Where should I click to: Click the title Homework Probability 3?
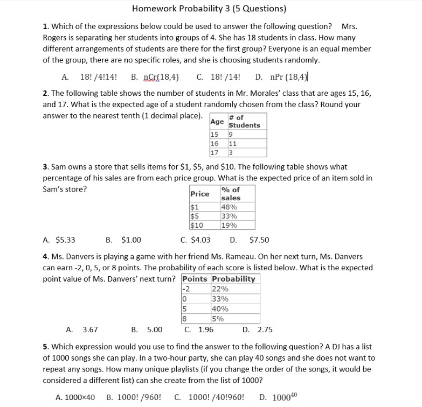click(209, 9)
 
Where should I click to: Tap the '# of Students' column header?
click(244, 122)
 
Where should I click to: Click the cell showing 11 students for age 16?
click(233, 144)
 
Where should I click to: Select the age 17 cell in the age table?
click(215, 153)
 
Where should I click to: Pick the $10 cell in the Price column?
click(197, 226)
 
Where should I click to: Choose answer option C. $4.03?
click(196, 240)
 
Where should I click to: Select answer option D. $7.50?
click(250, 240)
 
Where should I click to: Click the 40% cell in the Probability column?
click(220, 309)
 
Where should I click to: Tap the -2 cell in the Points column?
click(188, 289)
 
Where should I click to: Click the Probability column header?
click(233, 279)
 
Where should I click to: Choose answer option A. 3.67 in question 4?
click(81, 329)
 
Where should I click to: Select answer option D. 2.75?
click(258, 329)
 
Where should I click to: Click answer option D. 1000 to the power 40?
click(278, 397)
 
